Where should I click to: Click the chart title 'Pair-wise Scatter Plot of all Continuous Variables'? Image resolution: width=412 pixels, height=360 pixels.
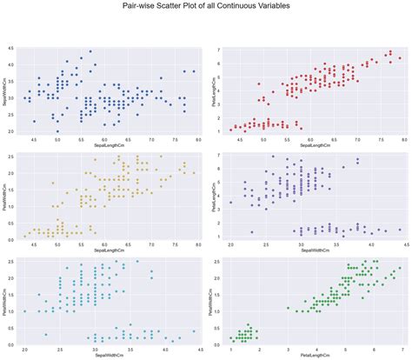point(206,7)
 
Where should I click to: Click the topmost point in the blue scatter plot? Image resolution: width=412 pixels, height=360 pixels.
point(90,51)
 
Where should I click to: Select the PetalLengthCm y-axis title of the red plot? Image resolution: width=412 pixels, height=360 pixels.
point(210,90)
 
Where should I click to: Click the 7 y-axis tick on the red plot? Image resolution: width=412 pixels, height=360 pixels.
point(218,52)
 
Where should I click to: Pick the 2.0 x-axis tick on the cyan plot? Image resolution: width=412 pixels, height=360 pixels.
point(26,348)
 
